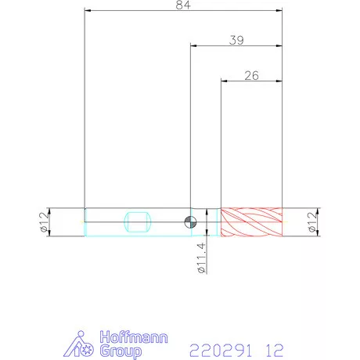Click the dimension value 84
(x=183, y=5)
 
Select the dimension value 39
(x=236, y=40)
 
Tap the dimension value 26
(x=252, y=76)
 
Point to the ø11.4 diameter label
(x=202, y=257)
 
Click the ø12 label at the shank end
(x=45, y=222)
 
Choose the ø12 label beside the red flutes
(x=312, y=222)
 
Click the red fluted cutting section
(x=251, y=222)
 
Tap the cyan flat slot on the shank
(x=138, y=222)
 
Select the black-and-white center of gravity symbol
(x=190, y=222)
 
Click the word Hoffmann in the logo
(x=134, y=337)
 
